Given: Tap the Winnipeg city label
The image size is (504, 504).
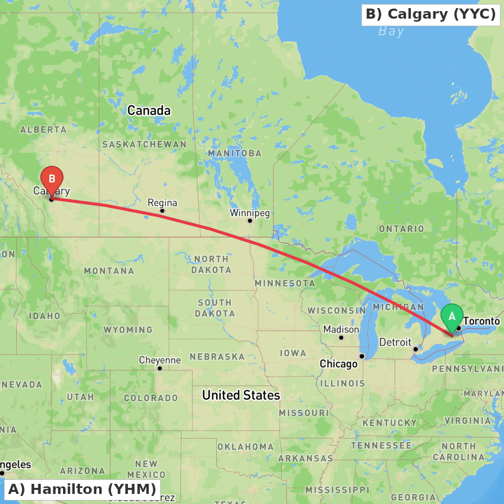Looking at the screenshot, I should tap(250, 213).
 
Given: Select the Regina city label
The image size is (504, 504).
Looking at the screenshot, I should tap(162, 203).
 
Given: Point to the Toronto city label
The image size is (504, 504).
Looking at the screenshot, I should tap(481, 321).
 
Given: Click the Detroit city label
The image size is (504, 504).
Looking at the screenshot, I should tap(395, 342).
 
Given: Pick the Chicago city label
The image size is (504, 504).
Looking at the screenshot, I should tap(339, 364).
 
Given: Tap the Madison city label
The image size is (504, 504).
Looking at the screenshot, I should tap(341, 329).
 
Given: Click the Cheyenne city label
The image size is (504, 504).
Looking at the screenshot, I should tap(160, 360).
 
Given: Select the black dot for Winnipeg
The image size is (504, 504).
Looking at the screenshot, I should tap(250, 221).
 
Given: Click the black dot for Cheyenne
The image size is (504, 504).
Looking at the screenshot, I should tap(160, 368).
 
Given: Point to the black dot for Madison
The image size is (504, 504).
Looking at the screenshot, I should tap(341, 337).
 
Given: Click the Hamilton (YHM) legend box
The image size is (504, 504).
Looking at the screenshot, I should tap(82, 489).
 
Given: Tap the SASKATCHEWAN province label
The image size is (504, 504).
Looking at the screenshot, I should tap(144, 144).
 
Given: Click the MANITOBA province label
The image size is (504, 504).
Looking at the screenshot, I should tap(235, 153).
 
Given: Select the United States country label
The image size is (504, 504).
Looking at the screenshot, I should tap(241, 395).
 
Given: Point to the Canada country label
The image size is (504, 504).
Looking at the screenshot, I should tap(149, 110).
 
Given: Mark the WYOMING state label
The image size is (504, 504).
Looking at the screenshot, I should tap(128, 330).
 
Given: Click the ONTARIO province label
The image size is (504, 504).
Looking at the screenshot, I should tap(402, 229).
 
